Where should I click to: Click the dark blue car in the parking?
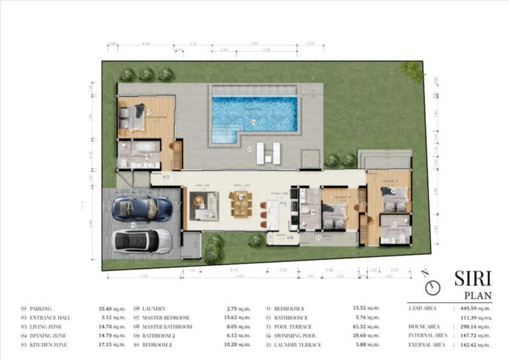tap(141, 209)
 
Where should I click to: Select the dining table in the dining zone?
tap(241, 205)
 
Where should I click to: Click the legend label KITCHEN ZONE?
tap(49, 345)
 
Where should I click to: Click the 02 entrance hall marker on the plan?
tap(165, 176)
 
